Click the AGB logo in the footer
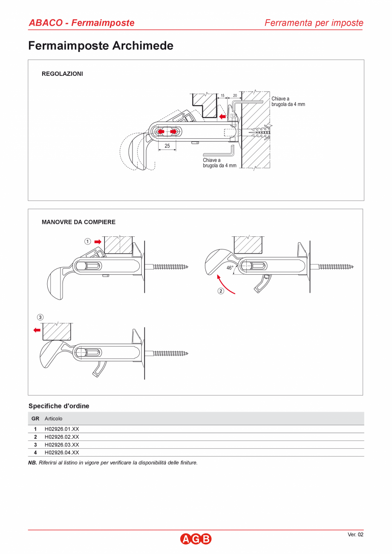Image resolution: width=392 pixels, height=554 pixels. [x=196, y=539]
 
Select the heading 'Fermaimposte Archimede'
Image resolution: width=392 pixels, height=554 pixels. [x=101, y=46]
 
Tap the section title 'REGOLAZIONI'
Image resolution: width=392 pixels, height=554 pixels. [x=62, y=74]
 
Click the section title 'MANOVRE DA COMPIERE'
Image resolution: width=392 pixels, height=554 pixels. [x=78, y=222]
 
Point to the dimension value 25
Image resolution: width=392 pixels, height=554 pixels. [x=167, y=146]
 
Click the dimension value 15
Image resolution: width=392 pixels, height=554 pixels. [x=222, y=96]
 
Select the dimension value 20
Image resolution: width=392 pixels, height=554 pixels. [x=235, y=96]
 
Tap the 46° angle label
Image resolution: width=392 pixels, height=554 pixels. [x=230, y=268]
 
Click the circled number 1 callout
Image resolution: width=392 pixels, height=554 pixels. [x=87, y=241]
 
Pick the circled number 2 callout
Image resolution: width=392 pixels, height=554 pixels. [x=221, y=291]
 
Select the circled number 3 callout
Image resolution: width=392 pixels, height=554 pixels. [x=40, y=317]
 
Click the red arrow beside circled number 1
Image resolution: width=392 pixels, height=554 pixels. [x=98, y=241]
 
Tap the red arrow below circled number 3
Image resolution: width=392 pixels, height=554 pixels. [x=37, y=330]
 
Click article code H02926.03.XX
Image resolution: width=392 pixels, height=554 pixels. [x=62, y=445]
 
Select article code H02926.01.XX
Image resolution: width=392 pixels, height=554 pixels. [x=62, y=429]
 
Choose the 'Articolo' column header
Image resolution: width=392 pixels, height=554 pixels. [x=53, y=419]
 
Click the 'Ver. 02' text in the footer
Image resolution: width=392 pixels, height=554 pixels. [x=355, y=535]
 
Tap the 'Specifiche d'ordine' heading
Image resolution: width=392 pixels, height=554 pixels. [x=59, y=406]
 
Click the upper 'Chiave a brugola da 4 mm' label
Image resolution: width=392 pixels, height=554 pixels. [x=288, y=101]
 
